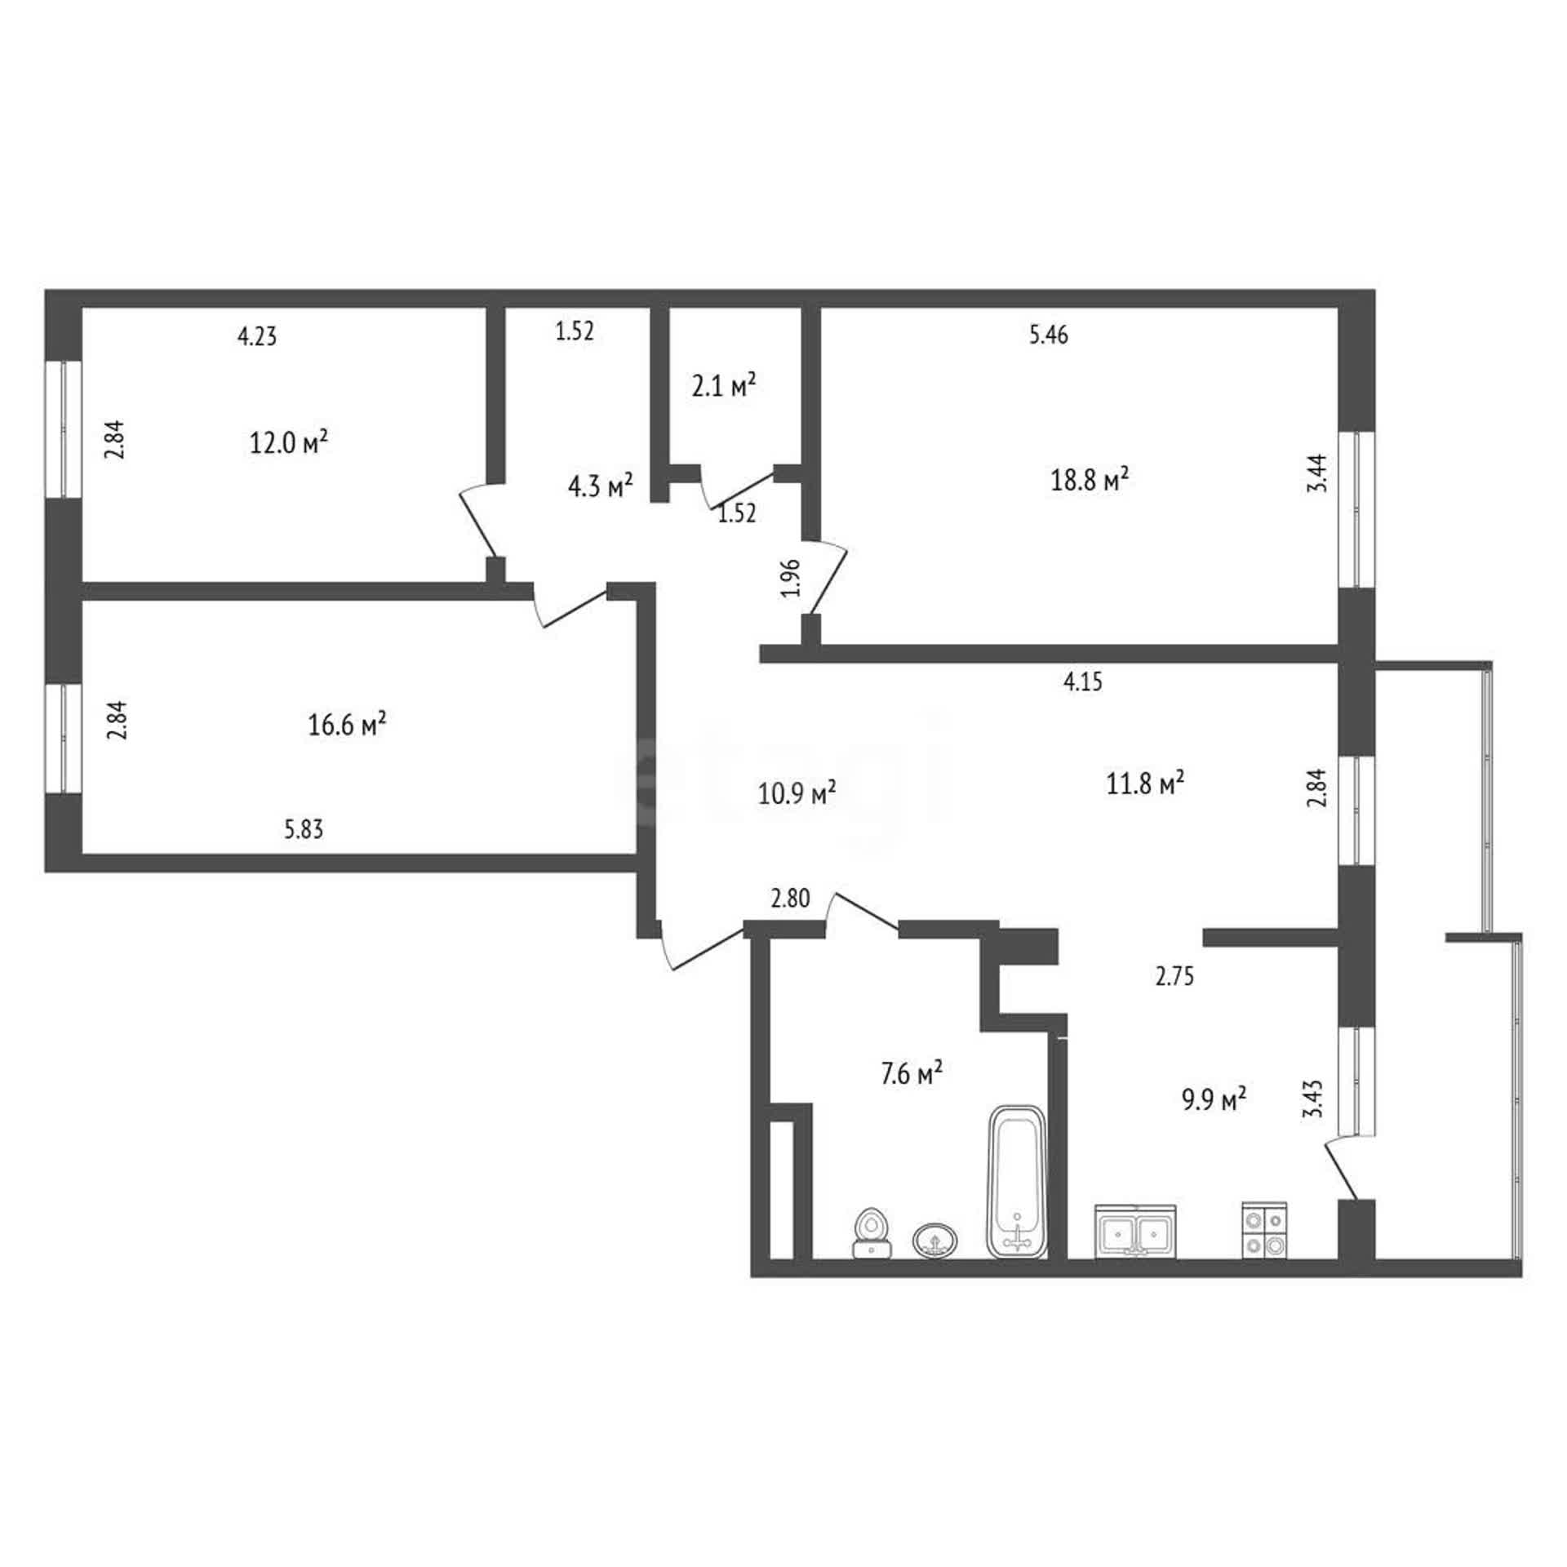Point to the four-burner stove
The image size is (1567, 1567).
coord(1264,1230)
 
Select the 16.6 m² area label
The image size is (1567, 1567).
coord(347,724)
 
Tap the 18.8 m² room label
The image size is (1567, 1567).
coord(1090,479)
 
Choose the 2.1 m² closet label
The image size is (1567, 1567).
coord(724,385)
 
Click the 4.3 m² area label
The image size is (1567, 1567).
coord(601,486)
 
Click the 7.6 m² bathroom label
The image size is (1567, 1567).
coord(912,1073)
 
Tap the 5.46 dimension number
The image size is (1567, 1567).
coord(1049,335)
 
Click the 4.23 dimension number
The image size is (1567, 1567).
coord(257,336)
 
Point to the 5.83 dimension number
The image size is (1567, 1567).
coord(304,830)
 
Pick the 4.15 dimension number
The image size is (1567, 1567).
coord(1083,681)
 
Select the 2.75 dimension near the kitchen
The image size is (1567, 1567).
coord(1175,976)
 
